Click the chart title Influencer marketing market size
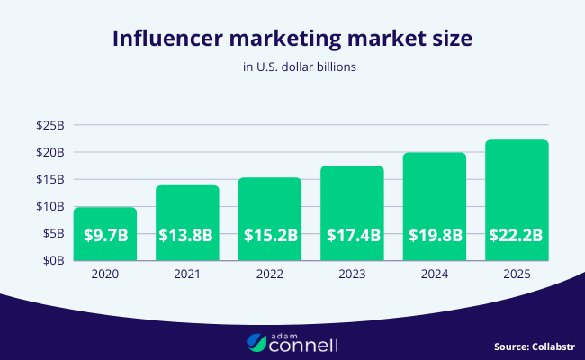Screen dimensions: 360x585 [292, 40]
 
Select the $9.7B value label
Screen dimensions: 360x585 [104, 236]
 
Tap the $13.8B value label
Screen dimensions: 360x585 [186, 236]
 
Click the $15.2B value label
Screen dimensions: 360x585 [269, 236]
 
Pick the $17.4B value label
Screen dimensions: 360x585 [352, 236]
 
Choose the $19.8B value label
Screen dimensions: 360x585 [434, 236]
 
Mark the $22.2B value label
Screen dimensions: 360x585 [517, 236]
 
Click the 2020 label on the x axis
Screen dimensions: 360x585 [104, 274]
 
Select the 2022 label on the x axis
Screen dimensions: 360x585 [269, 274]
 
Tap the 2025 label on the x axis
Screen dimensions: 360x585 [517, 274]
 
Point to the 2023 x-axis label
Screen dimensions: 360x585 [352, 274]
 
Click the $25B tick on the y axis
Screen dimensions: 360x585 [49, 125]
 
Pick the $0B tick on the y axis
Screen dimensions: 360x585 [52, 260]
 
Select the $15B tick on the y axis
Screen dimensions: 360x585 [49, 179]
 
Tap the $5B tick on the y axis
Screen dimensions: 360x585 [52, 233]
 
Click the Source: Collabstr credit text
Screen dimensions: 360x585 [533, 346]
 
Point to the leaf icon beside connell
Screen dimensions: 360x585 [257, 343]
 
